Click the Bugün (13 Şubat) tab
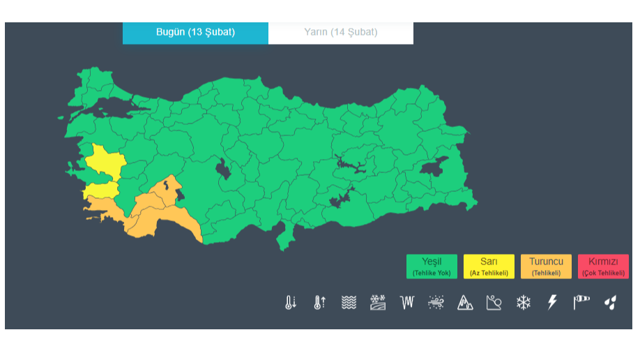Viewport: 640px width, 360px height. (x=195, y=33)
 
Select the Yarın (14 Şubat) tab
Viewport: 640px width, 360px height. (x=340, y=33)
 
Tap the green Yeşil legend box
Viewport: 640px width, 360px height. (x=432, y=266)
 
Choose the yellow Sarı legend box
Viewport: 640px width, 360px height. (x=489, y=266)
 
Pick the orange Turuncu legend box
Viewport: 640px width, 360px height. (x=546, y=266)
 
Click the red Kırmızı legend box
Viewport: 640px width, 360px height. (x=603, y=266)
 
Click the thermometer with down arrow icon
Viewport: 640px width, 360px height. (x=291, y=302)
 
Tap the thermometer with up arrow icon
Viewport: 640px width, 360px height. (x=320, y=302)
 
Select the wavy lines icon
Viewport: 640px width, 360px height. (x=349, y=302)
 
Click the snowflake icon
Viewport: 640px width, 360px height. (x=523, y=302)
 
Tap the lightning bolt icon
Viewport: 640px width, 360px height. (x=552, y=302)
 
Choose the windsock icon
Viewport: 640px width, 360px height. (x=581, y=302)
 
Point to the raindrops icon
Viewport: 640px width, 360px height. (x=610, y=302)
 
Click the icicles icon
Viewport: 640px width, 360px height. (x=407, y=302)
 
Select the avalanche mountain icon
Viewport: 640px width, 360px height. (x=465, y=302)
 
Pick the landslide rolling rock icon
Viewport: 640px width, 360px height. (x=494, y=302)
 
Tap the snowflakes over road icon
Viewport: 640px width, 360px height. (x=378, y=302)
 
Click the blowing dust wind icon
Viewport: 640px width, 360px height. (x=436, y=302)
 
